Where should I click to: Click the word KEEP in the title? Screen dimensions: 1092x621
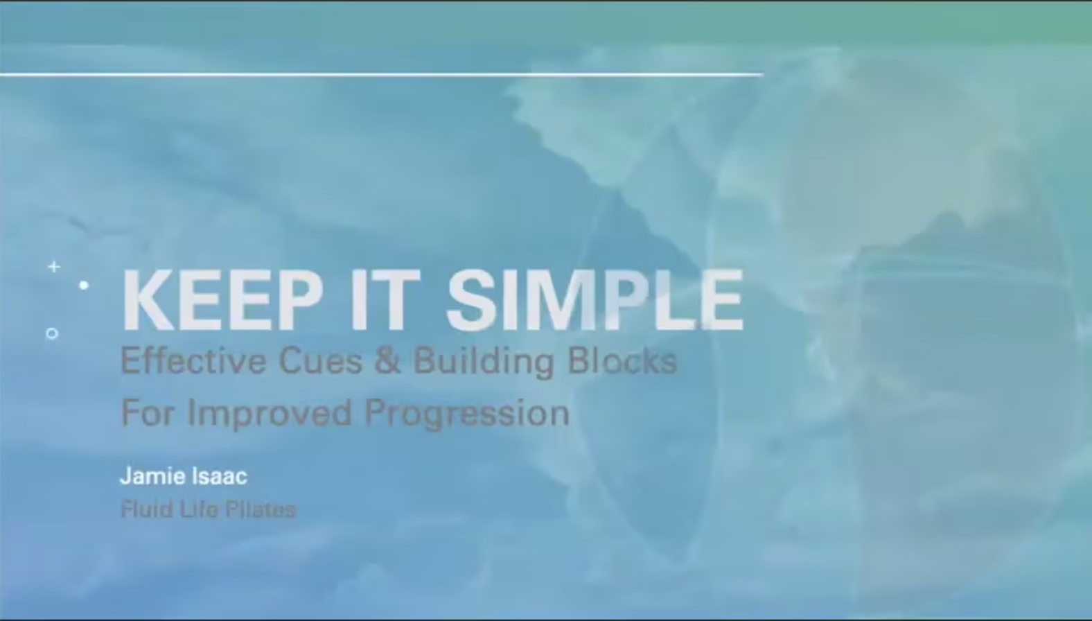pos(222,299)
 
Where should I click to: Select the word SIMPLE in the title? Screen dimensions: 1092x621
pos(595,299)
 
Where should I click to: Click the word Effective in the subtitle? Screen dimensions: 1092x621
pos(193,360)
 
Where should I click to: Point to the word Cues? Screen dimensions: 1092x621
pos(321,360)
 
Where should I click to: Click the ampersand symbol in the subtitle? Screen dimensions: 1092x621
pos(388,360)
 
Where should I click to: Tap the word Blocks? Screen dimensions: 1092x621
pos(622,360)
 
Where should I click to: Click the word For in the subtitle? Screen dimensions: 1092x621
pos(148,413)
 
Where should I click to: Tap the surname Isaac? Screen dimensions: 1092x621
pos(220,475)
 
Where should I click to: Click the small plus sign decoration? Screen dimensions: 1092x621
pos(54,267)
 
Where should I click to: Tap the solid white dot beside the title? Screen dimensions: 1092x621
pos(84,285)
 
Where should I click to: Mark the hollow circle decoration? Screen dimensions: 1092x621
pos(52,328)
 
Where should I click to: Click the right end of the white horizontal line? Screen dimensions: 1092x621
pos(763,75)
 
